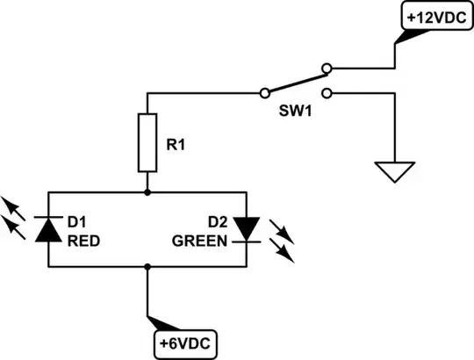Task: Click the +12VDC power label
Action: coord(433,16)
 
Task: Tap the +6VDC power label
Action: coord(187,342)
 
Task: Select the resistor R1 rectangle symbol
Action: coord(147,142)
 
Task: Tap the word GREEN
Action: coord(200,239)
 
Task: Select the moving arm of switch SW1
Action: coord(294,79)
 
